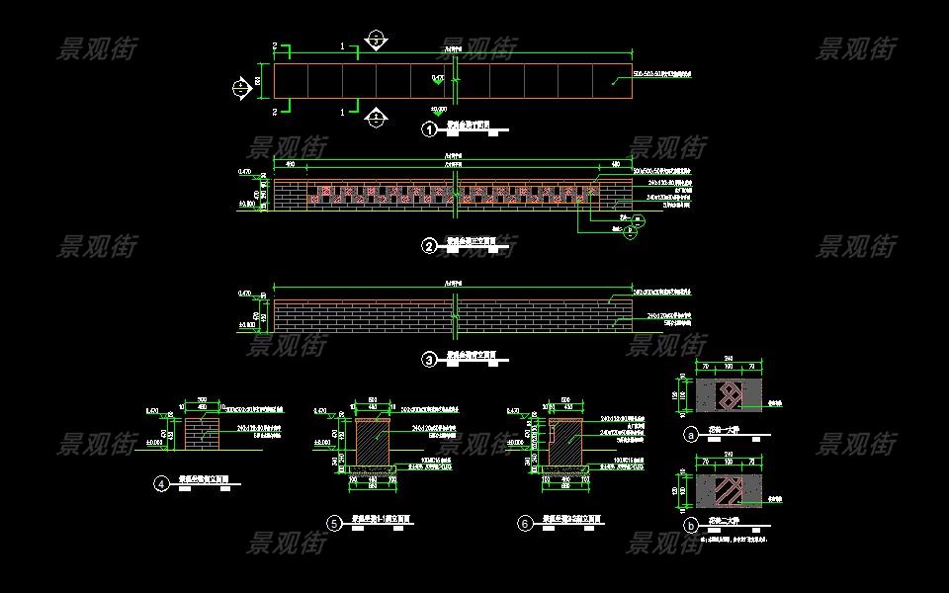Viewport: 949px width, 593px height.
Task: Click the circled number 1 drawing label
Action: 429,129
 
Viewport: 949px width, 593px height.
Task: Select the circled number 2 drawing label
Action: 429,246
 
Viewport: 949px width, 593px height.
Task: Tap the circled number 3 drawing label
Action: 429,360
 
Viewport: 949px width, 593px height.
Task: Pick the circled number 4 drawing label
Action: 160,484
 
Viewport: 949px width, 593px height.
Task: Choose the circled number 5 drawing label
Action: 334,524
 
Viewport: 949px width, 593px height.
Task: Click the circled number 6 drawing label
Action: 525,524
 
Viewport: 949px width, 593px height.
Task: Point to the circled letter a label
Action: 690,434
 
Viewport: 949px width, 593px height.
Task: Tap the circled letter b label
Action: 690,528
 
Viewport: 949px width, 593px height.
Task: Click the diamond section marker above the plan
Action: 376,40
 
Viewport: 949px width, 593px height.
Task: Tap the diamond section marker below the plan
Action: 376,119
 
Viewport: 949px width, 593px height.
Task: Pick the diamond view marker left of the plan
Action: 241,87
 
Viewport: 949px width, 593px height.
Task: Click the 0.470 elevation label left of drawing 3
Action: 245,294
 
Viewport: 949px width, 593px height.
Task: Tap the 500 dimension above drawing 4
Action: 203,400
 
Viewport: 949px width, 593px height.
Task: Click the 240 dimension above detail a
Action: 730,359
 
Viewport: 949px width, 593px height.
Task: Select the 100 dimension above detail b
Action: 730,462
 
